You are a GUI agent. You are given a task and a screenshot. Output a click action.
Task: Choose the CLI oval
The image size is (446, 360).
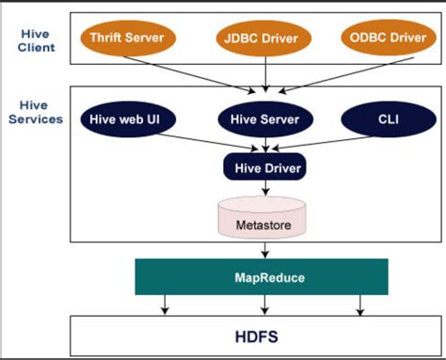coord(388,119)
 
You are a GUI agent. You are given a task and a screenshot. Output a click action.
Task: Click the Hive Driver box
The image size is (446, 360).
coord(264,166)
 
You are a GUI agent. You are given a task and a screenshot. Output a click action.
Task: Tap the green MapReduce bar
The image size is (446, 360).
coord(261,277)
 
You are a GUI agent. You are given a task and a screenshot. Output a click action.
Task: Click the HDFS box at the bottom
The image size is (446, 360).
coord(261,335)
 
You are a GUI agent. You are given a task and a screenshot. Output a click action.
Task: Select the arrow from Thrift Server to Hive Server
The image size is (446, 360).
coord(192,71)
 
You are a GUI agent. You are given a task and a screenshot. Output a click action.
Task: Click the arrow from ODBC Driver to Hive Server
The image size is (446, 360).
coord(329,71)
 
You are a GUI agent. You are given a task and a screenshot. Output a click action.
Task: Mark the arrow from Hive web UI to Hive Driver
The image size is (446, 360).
coord(198,140)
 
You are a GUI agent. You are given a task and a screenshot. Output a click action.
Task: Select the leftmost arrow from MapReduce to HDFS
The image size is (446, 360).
coord(166,305)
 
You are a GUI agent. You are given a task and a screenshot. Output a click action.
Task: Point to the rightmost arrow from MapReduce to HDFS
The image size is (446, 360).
coord(359,305)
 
